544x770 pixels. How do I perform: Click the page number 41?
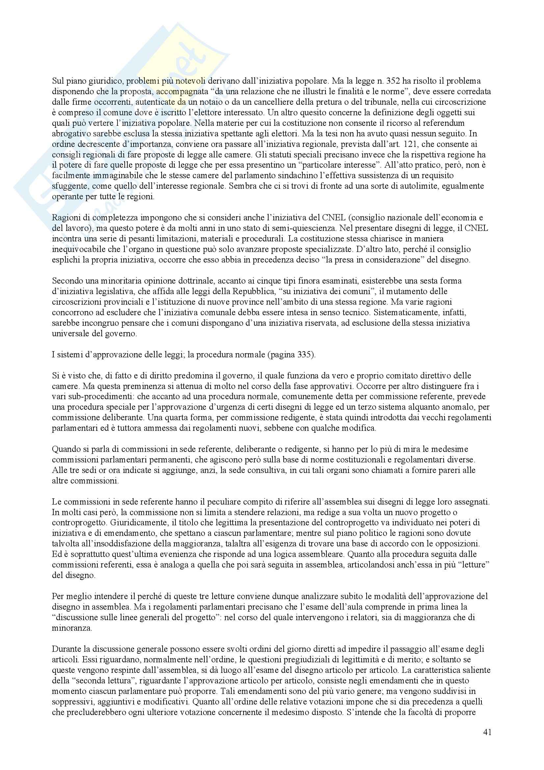[487, 732]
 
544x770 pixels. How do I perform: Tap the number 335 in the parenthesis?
[305, 355]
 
